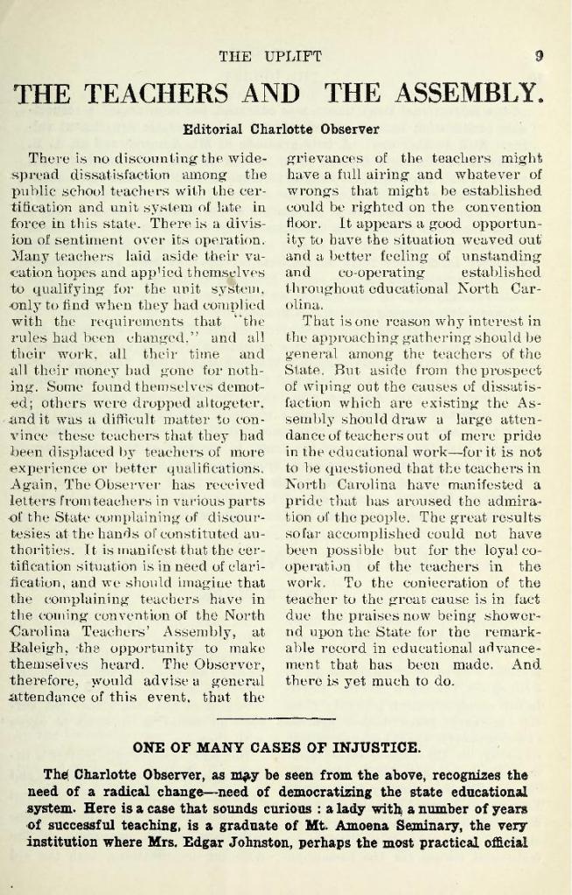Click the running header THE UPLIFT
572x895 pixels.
pyautogui.click(x=270, y=58)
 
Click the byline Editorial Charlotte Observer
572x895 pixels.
pyautogui.click(x=281, y=129)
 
